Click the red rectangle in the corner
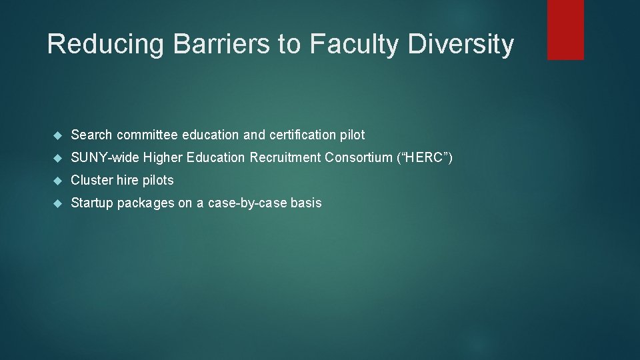tap(565, 29)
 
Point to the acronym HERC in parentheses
tap(423, 157)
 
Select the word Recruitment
tap(286, 157)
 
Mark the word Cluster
tap(91, 180)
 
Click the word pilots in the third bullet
tap(157, 180)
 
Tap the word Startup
tap(92, 203)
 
